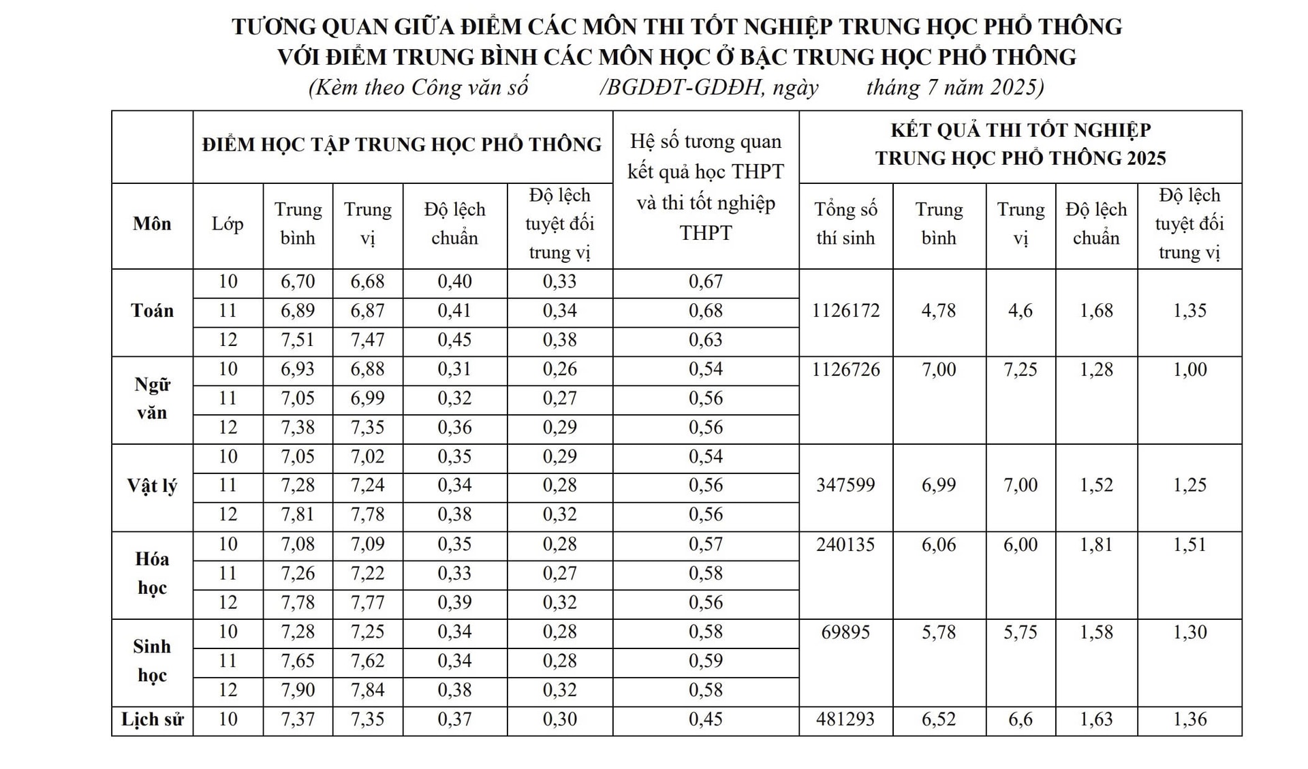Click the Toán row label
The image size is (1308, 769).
pyautogui.click(x=152, y=311)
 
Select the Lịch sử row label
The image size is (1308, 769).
pyautogui.click(x=152, y=719)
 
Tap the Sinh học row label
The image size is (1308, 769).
pyautogui.click(x=152, y=661)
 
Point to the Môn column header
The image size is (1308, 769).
pyautogui.click(x=152, y=223)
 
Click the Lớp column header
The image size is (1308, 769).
pyautogui.click(x=228, y=223)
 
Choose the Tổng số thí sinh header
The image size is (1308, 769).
pyautogui.click(x=845, y=223)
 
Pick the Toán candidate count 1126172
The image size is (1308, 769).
pyautogui.click(x=845, y=311)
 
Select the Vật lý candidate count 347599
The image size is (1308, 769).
pyautogui.click(x=845, y=485)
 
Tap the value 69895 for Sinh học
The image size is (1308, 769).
pyautogui.click(x=845, y=632)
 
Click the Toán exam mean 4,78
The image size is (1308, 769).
pyautogui.click(x=939, y=311)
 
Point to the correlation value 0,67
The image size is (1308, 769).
pyautogui.click(x=706, y=281)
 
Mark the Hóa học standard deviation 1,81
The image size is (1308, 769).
pyautogui.click(x=1096, y=544)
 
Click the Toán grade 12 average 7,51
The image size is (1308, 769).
pyautogui.click(x=298, y=340)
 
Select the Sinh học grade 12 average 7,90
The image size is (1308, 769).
pyautogui.click(x=298, y=690)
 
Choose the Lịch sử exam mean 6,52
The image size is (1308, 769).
pyautogui.click(x=939, y=719)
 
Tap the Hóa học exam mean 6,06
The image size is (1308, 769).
pyautogui.click(x=939, y=544)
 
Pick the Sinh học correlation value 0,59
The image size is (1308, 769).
pyautogui.click(x=706, y=661)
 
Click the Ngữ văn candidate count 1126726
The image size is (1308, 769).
pyautogui.click(x=845, y=369)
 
